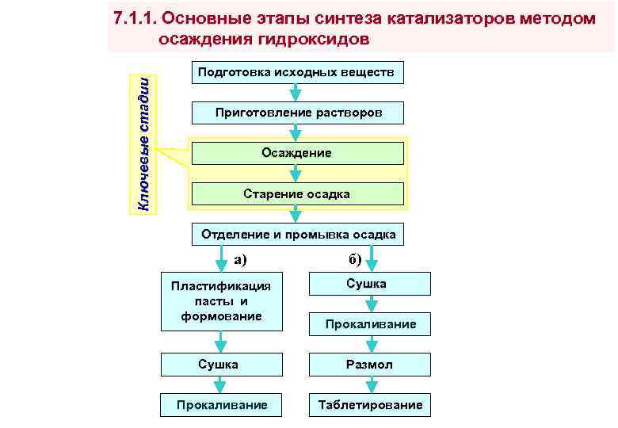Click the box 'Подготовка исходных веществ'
tap(298, 72)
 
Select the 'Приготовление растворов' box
tap(298, 113)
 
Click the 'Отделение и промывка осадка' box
tap(298, 235)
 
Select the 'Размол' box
tap(369, 365)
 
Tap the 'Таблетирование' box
tap(370, 405)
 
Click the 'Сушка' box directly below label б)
tap(369, 284)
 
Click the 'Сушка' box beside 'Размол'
tap(221, 365)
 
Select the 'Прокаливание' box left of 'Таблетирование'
tap(221, 405)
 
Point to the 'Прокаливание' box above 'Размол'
tap(370, 323)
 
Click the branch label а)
tap(240, 258)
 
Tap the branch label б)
tap(354, 258)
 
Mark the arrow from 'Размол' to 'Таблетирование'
tap(370, 384)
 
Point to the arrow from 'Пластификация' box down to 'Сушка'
tap(221, 342)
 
